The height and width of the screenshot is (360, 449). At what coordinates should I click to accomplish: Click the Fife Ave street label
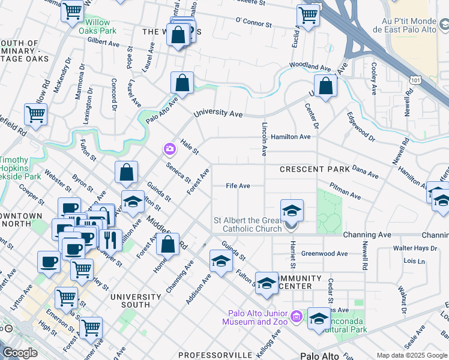[238, 186]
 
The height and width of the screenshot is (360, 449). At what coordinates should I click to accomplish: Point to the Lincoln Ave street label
[264, 138]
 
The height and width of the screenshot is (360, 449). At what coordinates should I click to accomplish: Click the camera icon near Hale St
[169, 148]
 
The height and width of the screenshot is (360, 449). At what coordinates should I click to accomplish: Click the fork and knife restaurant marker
[110, 239]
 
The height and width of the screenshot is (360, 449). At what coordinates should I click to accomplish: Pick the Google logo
[20, 353]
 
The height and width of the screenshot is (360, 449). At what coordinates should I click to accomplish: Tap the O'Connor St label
[255, 21]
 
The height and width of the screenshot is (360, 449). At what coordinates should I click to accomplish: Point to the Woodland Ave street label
[310, 65]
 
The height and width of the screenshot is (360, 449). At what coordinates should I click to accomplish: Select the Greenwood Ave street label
[325, 254]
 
